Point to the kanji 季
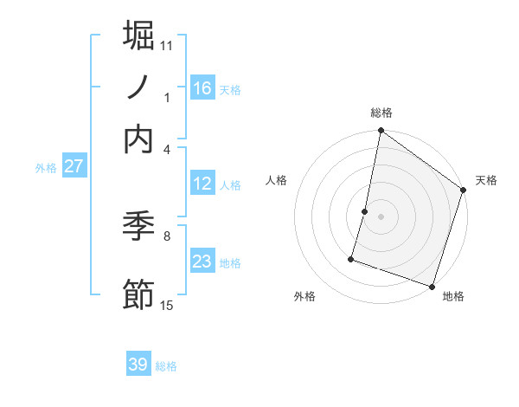[139, 229]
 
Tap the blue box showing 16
[202, 88]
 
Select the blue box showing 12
[202, 184]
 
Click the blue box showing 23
[202, 262]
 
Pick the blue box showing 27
[74, 166]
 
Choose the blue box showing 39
[138, 365]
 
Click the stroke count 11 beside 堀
[167, 44]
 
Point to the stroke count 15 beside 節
[167, 305]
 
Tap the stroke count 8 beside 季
[167, 234]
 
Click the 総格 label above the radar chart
[381, 113]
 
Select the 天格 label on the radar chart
[486, 180]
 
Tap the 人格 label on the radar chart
[277, 180]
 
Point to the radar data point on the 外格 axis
[352, 259]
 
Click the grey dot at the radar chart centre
[381, 216]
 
